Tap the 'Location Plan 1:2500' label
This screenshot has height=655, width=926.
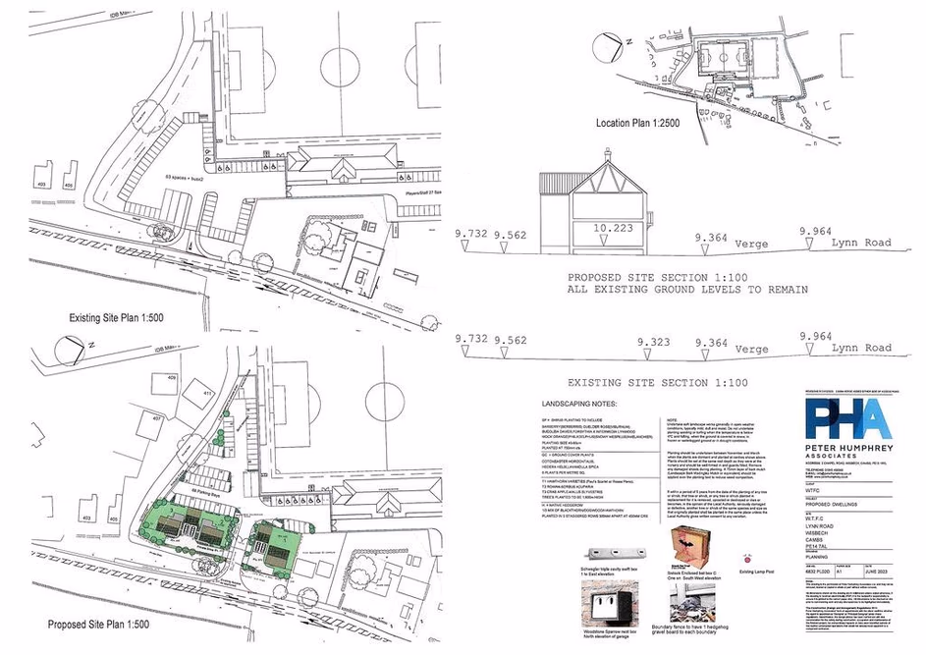[644, 124]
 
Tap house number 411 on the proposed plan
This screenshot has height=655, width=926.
[208, 393]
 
